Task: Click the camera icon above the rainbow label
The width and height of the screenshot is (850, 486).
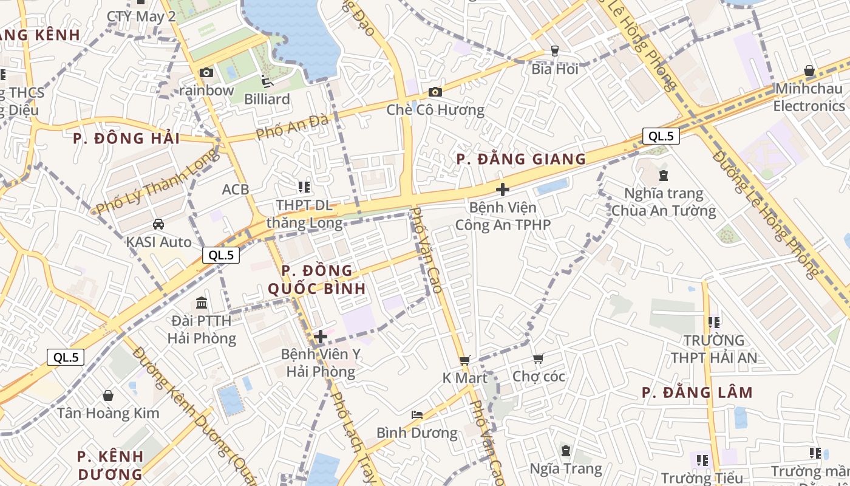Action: pos(206,73)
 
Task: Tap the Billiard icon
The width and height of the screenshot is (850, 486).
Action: pos(267,81)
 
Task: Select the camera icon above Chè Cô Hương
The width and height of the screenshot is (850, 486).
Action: pos(435,92)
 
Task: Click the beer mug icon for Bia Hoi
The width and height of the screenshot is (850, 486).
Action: pos(554,51)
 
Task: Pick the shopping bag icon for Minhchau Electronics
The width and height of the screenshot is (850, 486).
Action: pos(809,71)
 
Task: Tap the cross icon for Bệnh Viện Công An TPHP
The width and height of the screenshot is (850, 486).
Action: pos(502,190)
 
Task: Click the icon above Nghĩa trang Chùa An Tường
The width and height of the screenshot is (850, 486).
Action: pos(663,176)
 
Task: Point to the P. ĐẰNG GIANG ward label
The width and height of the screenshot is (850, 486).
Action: pos(521,159)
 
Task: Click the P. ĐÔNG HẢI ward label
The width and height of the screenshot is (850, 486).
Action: pos(126,139)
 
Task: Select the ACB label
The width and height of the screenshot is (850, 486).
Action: pos(236,190)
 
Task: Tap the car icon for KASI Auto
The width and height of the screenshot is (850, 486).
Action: pos(158,224)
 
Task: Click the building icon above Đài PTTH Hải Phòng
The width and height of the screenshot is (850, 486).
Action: pos(202,303)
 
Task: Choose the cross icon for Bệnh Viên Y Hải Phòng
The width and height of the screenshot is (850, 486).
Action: pos(321,336)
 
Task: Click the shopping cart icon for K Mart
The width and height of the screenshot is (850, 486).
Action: pos(464,360)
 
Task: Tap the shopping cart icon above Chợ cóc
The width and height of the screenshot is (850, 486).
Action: pos(538,358)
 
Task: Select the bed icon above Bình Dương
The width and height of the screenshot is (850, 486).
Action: pos(417,415)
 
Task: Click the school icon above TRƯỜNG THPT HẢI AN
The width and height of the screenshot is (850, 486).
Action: pos(713,322)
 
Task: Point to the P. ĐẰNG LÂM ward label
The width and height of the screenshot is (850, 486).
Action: pos(697,392)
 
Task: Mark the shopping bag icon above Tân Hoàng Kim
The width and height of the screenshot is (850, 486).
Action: pos(108,395)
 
